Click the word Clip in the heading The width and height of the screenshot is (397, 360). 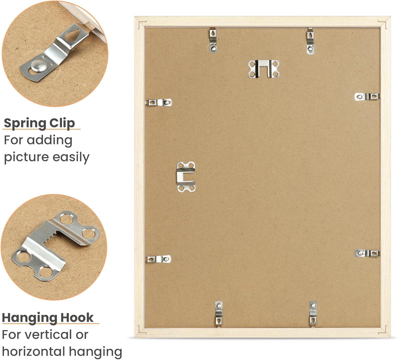(62, 124)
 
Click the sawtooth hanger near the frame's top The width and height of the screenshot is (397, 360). (264, 69)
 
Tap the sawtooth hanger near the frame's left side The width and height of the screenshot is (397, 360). (186, 177)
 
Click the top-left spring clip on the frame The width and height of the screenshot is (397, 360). (213, 40)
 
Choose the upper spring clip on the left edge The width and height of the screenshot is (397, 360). (159, 102)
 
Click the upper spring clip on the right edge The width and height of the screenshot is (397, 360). (367, 97)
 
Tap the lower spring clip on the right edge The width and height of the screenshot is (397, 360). (367, 253)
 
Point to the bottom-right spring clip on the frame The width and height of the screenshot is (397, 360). (313, 314)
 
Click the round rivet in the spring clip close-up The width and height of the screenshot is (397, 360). (39, 66)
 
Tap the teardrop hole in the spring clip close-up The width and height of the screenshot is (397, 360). (72, 35)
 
